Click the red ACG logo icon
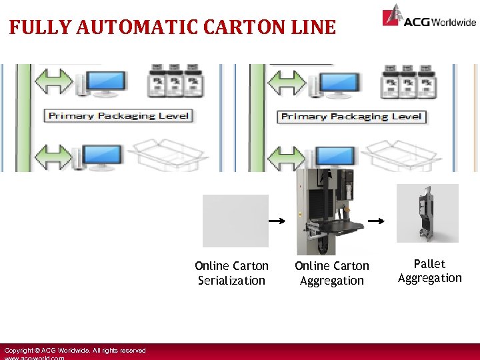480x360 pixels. tap(393, 15)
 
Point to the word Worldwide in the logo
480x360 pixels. tap(454, 22)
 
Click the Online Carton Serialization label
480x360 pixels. tap(231, 273)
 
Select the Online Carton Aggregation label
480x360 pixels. tap(332, 273)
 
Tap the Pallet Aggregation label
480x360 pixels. tap(430, 271)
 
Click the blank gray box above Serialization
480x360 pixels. tap(235, 221)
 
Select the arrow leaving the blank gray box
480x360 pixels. tap(277, 221)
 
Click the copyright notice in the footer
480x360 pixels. tap(75, 351)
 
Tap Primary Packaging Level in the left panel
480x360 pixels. tap(119, 116)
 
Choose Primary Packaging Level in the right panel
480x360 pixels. tap(351, 117)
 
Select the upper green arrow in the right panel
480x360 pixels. tap(287, 83)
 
